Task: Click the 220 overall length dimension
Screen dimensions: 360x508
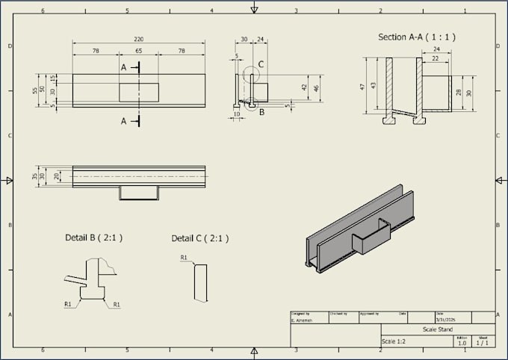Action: [x=138, y=39]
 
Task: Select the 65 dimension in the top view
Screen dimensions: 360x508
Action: [x=138, y=51]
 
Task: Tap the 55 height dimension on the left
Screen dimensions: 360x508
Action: [x=34, y=90]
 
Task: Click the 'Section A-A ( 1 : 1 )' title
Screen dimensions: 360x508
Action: [x=416, y=37]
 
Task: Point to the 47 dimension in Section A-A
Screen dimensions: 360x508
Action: [x=363, y=87]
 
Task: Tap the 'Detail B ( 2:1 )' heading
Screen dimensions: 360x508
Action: [x=93, y=238]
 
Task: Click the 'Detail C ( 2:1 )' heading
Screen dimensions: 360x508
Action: [x=200, y=238]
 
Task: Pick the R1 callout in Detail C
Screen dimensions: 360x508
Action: [x=184, y=258]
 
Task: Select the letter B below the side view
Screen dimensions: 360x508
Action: [x=261, y=113]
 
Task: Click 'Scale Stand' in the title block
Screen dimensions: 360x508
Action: [x=437, y=329]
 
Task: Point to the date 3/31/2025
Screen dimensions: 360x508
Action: [x=446, y=320]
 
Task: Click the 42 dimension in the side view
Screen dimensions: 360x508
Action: [x=305, y=87]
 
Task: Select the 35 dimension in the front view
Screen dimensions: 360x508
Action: [x=34, y=177]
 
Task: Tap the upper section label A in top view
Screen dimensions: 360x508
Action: [x=124, y=67]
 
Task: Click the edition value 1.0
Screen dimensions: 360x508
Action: [x=462, y=343]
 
